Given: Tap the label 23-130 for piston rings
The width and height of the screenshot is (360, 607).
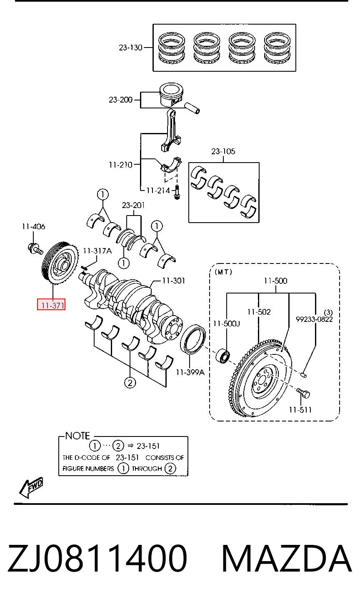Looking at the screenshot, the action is click(130, 48).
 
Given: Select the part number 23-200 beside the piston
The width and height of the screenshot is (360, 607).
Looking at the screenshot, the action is click(120, 100).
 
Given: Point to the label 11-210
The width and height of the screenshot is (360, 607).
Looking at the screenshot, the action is click(120, 165).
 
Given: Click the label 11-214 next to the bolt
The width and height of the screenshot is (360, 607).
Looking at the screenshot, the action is click(158, 191).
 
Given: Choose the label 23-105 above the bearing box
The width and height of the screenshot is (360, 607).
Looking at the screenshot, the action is click(223, 151).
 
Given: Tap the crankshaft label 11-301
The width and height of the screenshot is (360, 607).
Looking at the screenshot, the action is click(174, 281).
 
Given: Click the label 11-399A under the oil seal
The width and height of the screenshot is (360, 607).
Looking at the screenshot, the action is click(190, 372).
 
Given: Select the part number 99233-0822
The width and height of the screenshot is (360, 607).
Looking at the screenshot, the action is click(314, 319).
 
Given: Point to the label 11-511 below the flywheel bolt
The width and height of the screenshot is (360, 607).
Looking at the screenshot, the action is click(300, 410).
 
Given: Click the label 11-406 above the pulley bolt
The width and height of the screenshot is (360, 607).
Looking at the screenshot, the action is click(34, 226).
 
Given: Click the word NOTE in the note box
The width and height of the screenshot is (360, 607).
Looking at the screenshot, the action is click(77, 436).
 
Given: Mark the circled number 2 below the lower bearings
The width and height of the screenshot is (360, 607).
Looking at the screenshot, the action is click(130, 383).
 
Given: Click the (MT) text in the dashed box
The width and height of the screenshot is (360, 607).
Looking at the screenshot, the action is click(223, 272).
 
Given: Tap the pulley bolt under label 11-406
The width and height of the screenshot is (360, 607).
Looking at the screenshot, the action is click(35, 249).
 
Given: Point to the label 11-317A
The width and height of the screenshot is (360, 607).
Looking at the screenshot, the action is click(97, 251).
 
